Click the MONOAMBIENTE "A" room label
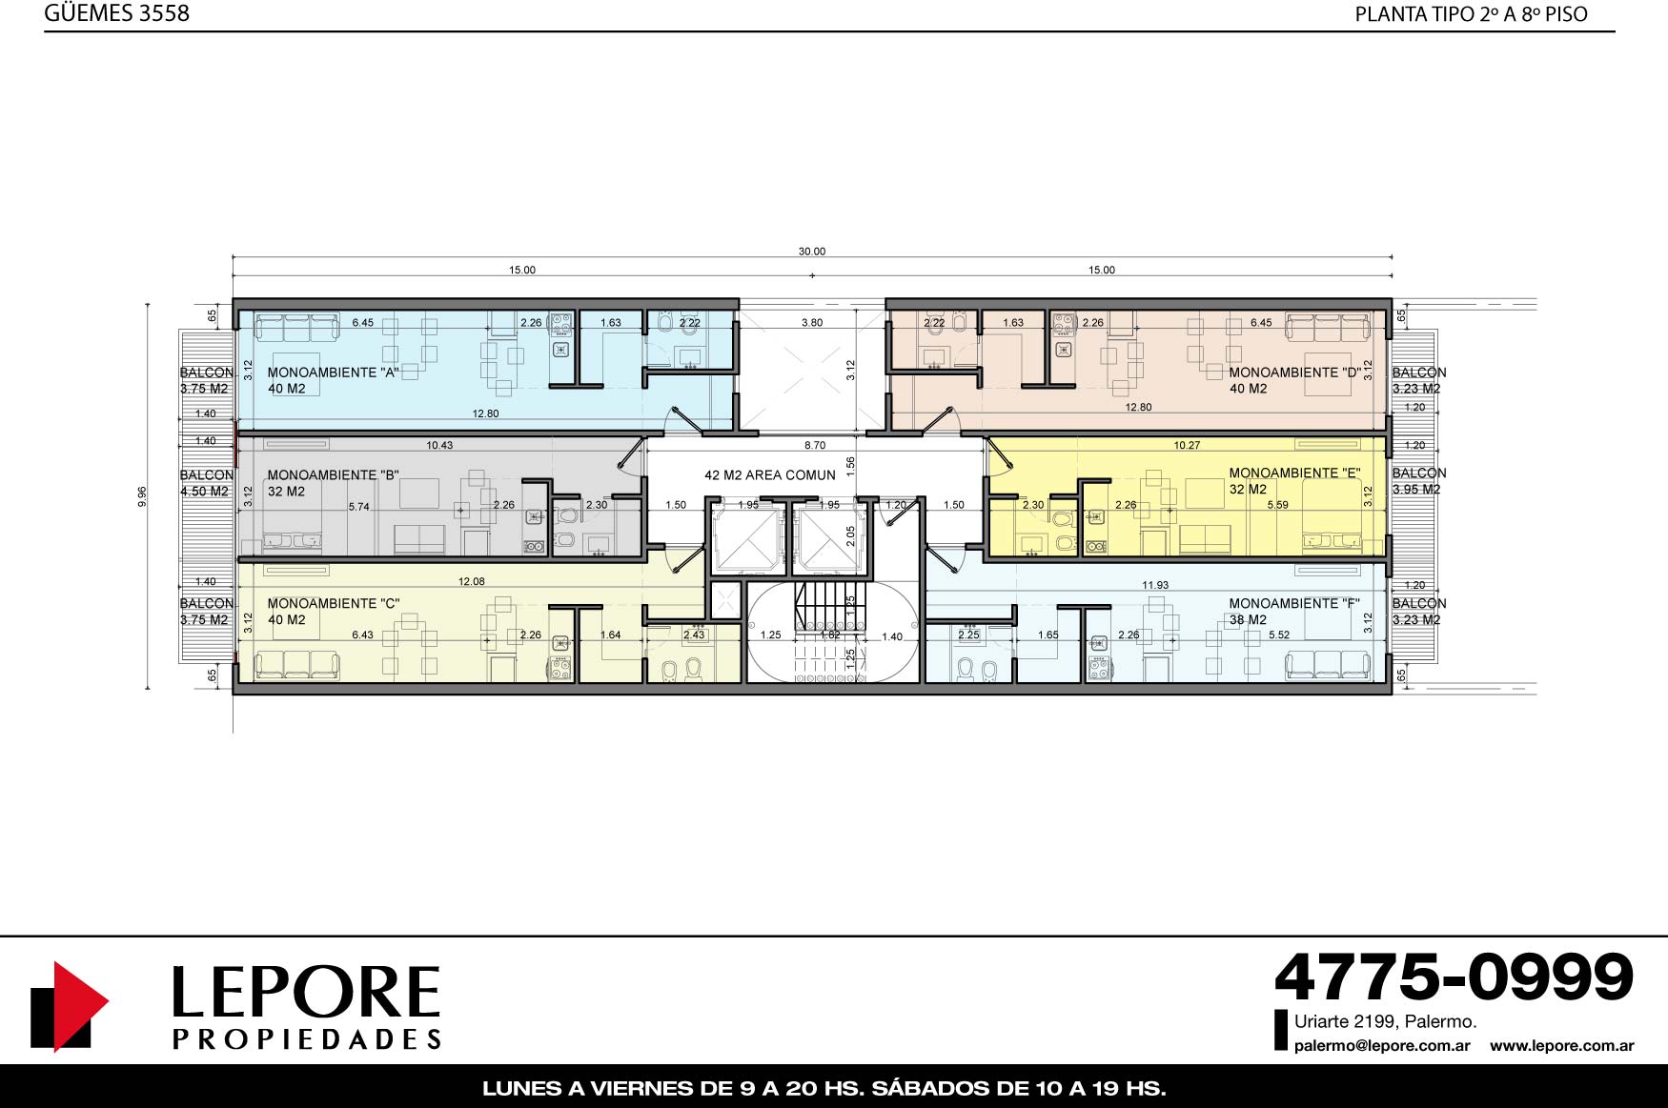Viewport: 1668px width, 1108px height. tap(334, 373)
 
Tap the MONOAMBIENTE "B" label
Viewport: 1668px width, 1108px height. tap(334, 474)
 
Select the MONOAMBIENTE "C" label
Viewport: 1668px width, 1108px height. tap(334, 603)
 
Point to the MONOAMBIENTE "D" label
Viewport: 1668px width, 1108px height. tap(1294, 373)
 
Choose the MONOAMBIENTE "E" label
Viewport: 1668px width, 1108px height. tap(1294, 473)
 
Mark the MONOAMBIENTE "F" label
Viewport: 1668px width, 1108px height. tap(1294, 603)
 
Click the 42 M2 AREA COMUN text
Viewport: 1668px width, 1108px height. tap(770, 474)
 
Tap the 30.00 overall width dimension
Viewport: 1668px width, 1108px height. tap(812, 252)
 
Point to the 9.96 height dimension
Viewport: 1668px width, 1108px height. tap(142, 496)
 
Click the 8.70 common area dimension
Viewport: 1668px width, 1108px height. tap(815, 445)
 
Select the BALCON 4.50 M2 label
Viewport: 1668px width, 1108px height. tap(206, 483)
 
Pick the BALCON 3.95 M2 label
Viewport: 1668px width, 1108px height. tap(1418, 481)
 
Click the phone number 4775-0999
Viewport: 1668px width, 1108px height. tap(1454, 977)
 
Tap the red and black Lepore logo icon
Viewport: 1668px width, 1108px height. tap(70, 1006)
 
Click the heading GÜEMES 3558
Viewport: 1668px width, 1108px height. tap(116, 13)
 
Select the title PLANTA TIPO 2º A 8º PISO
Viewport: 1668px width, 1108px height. tap(1472, 14)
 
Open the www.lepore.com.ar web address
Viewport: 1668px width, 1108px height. tap(1562, 1046)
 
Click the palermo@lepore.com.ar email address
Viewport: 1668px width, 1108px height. tap(1382, 1046)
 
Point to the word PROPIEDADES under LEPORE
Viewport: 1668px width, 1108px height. tap(307, 1038)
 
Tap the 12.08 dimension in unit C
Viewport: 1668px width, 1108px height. tap(472, 581)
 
